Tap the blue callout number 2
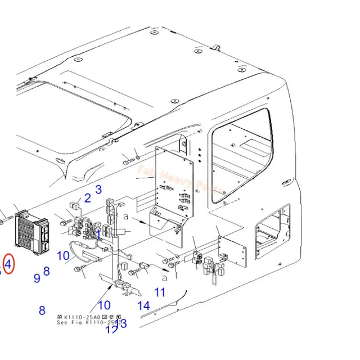tap(87, 197)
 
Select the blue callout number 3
tap(98, 189)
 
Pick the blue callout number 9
tap(37, 277)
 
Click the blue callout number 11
tap(160, 292)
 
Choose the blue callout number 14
tap(144, 305)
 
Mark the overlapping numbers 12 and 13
tap(117, 326)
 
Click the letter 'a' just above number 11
tap(164, 277)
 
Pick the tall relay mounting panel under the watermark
tap(175, 180)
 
